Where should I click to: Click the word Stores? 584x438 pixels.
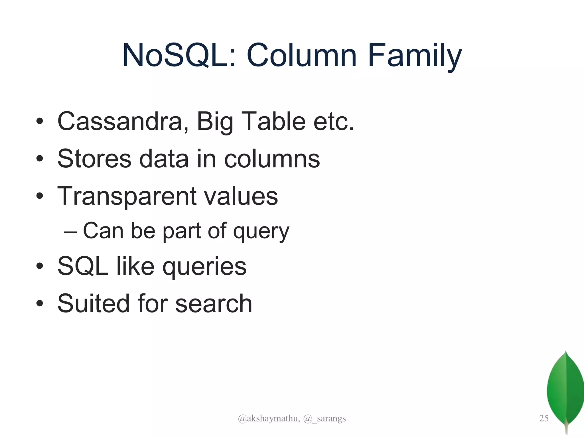(x=94, y=159)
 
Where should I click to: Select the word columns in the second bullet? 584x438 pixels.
(x=272, y=159)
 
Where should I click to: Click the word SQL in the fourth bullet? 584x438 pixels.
(x=83, y=266)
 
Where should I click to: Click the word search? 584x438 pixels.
(x=214, y=303)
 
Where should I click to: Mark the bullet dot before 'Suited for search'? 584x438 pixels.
(x=40, y=304)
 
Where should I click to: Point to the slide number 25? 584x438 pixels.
(x=544, y=418)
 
